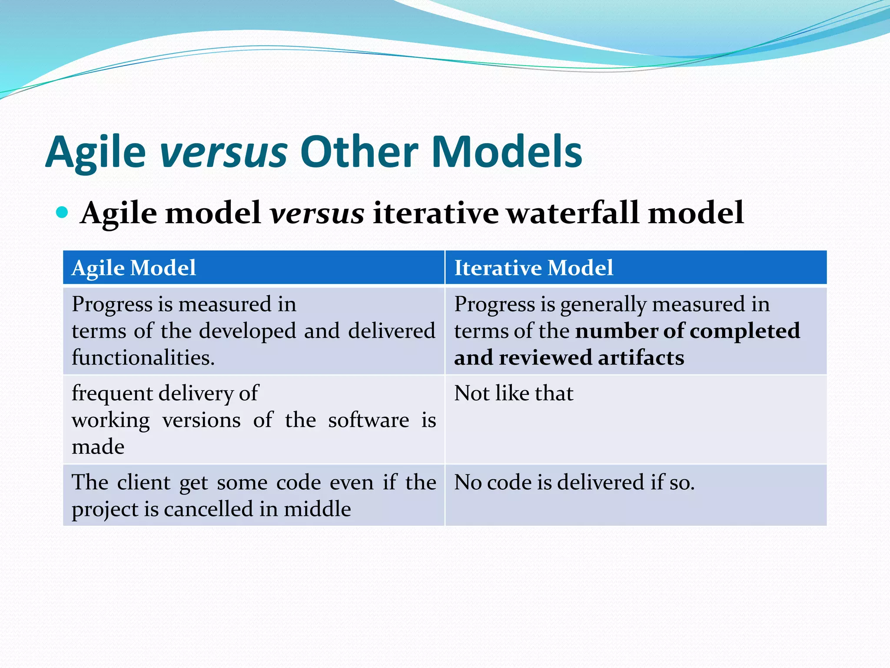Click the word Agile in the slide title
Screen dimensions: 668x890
(96, 152)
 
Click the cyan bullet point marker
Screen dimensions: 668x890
(63, 213)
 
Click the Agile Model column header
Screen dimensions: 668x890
(134, 267)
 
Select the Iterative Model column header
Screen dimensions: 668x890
(534, 267)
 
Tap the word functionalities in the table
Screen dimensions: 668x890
(143, 357)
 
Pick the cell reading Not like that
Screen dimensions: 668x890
(514, 393)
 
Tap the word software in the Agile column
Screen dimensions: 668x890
(369, 420)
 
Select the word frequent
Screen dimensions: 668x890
(111, 394)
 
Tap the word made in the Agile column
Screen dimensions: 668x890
(98, 447)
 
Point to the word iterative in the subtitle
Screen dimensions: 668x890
(435, 213)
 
